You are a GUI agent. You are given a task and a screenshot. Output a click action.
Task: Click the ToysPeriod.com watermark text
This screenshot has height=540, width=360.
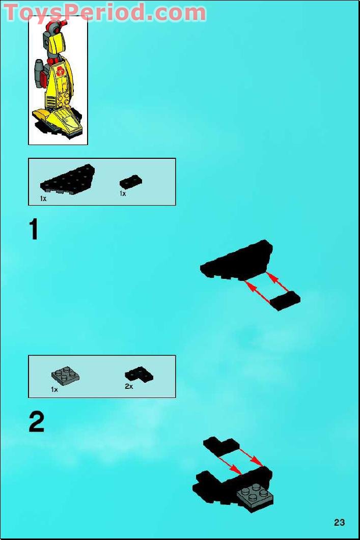tap(104, 12)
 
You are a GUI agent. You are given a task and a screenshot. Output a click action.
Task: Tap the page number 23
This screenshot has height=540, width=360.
tap(340, 522)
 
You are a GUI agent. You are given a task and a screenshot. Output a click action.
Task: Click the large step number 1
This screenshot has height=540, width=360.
tap(34, 229)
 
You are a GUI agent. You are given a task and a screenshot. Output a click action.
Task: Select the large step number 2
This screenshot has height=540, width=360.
tap(36, 422)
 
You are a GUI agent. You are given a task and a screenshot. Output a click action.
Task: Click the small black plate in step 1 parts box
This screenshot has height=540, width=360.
tap(131, 181)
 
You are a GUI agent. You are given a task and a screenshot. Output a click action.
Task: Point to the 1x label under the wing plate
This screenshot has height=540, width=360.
tap(43, 198)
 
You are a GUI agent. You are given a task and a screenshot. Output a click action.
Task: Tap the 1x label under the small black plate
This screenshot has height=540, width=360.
tap(123, 194)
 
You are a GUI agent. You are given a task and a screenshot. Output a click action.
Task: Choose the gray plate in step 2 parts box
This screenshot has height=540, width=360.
tap(65, 376)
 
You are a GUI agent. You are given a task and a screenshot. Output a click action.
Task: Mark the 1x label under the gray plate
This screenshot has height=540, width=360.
tap(54, 389)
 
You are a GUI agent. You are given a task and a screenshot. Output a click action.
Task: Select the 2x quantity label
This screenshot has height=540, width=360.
tap(129, 387)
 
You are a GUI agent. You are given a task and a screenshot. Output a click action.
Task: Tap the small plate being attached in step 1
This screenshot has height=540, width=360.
tap(285, 301)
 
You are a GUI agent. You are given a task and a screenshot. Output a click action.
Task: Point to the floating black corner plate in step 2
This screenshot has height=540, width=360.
tap(220, 446)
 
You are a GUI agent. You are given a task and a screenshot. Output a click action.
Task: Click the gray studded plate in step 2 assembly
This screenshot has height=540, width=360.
tap(255, 495)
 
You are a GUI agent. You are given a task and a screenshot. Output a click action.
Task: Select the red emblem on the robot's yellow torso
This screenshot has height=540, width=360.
tap(61, 71)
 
